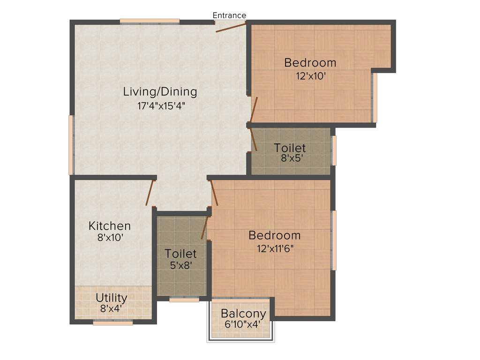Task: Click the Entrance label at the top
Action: coord(229,15)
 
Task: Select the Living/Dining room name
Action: coord(160,91)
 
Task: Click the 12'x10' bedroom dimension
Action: coord(310,75)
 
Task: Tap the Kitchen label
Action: coord(110,226)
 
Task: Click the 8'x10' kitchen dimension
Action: coord(110,238)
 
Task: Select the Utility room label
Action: coord(112,298)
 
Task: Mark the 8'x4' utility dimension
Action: coord(112,308)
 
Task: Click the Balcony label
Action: coord(243,313)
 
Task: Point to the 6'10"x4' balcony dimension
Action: coord(242,324)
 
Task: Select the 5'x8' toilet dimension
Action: coord(180,265)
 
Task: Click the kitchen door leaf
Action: coord(150,193)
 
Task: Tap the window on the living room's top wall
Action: coord(150,21)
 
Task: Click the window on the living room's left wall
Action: coord(71,145)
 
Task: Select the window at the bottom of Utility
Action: coord(112,322)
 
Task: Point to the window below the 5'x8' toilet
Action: coord(184,300)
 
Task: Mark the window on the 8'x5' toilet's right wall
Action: coord(334,150)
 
